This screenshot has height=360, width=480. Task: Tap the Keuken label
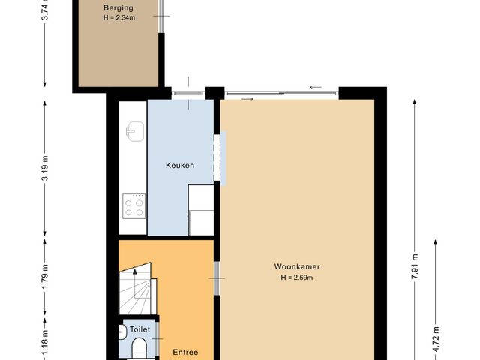[x=181, y=166]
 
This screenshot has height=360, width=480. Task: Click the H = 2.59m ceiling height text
[x=297, y=277]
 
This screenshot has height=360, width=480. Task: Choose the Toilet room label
[x=140, y=329]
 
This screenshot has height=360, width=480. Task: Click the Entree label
[x=185, y=351]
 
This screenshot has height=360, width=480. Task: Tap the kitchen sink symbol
[x=133, y=132]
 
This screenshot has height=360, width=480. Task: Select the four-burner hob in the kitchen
[x=133, y=205]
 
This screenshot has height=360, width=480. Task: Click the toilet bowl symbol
[x=139, y=347]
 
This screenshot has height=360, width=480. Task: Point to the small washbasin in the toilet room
[x=121, y=331]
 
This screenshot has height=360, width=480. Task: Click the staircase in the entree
[x=135, y=289]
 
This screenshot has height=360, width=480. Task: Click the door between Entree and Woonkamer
[x=217, y=278]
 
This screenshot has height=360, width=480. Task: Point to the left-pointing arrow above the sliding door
[x=315, y=87]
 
